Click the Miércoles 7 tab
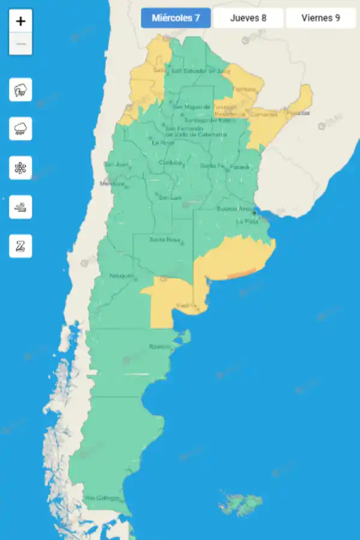[176, 18]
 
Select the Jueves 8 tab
[248, 18]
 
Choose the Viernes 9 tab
[320, 18]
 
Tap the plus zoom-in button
[21, 21]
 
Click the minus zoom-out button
[21, 44]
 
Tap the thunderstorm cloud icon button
[20, 90]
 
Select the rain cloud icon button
[20, 128]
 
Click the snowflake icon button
[20, 168]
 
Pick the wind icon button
[20, 207]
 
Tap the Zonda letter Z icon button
[20, 246]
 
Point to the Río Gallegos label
[102, 498]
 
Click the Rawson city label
[160, 347]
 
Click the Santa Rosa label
[165, 240]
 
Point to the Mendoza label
[111, 183]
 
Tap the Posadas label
[298, 113]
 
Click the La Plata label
[247, 221]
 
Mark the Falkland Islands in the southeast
[241, 502]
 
